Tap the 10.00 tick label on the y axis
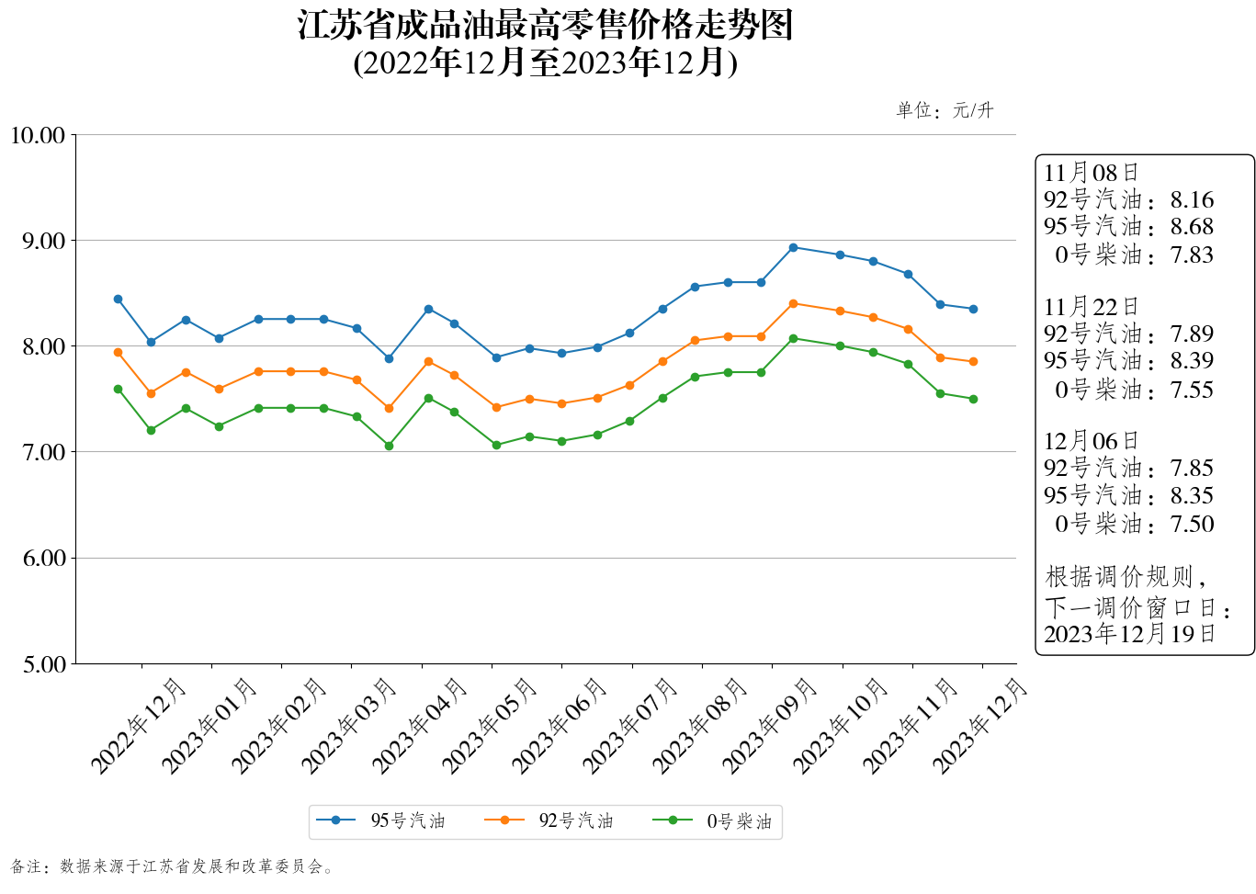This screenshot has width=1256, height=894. click(x=38, y=136)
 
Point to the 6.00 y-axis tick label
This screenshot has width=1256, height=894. click(x=44, y=559)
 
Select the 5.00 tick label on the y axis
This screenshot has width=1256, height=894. click(x=44, y=664)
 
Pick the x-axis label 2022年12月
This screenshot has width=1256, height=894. click(x=139, y=725)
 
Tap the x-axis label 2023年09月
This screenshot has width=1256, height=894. click(x=770, y=725)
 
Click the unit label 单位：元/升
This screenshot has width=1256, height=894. click(x=945, y=111)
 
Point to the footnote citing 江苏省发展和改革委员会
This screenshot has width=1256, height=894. click(x=172, y=866)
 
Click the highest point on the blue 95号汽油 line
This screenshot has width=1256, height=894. click(x=793, y=247)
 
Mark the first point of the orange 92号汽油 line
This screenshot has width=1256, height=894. click(x=118, y=352)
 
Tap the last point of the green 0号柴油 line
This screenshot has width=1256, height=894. click(x=973, y=399)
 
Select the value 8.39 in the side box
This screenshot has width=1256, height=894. click(x=1192, y=361)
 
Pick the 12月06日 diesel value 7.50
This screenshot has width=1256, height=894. click(x=1192, y=525)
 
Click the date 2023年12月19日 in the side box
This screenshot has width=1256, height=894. click(x=1129, y=634)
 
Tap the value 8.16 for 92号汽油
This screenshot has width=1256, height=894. click(x=1192, y=200)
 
